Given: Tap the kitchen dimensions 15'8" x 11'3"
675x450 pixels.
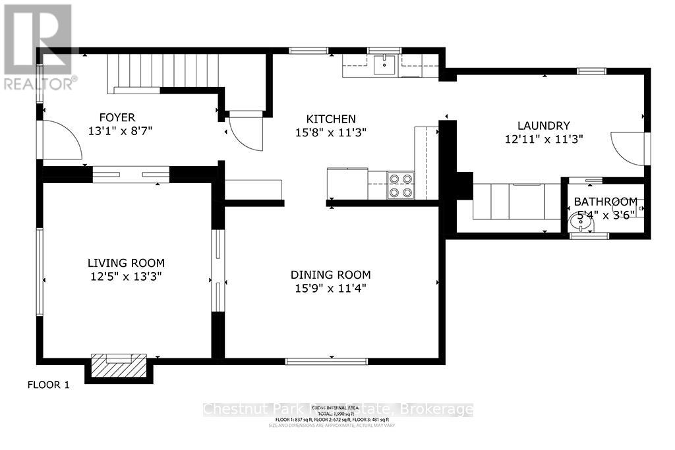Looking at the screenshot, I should [x=331, y=132].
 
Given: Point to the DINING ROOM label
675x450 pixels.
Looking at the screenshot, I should [x=331, y=275].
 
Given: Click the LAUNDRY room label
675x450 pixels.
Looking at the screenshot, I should [x=543, y=125].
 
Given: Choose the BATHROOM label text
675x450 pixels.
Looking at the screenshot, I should [x=605, y=202].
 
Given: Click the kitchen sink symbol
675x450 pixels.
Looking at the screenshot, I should [x=384, y=65].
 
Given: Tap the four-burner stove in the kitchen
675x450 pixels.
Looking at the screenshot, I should [x=400, y=184].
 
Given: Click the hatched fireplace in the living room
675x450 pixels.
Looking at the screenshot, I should [x=118, y=365].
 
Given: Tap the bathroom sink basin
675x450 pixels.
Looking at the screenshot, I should [x=581, y=223].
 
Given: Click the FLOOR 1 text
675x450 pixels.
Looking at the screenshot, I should [x=47, y=385].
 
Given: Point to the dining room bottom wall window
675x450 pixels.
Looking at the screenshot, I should [x=326, y=361].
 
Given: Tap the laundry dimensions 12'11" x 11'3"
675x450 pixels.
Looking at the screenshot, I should [x=543, y=139].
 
